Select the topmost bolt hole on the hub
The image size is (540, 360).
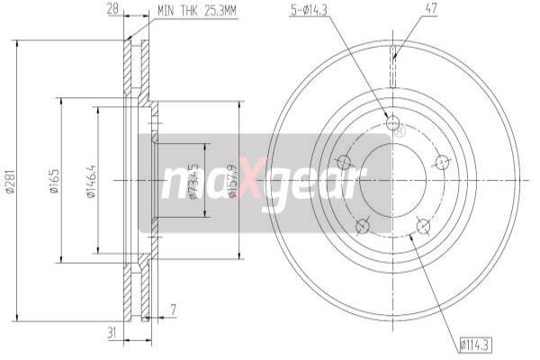(391, 124)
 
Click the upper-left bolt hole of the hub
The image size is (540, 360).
(343, 162)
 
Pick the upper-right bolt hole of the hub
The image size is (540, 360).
(441, 162)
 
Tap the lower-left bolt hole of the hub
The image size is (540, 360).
(362, 225)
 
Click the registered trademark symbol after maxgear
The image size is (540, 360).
(400, 130)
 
